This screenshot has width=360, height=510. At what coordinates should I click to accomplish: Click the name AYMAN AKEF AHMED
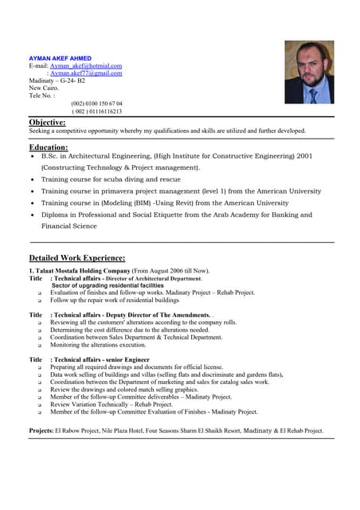coord(60,58)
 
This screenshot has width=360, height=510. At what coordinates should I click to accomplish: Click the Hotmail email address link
coord(92,65)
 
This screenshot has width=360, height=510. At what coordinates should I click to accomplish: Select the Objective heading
coord(47,122)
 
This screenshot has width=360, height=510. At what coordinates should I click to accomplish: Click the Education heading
coord(49,147)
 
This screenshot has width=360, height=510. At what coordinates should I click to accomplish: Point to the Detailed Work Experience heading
coord(77,258)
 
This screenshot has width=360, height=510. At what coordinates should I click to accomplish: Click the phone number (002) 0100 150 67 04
coord(96,104)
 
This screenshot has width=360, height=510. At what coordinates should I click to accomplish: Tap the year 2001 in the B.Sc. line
coord(304,156)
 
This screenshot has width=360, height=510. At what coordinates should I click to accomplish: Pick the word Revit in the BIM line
coord(194,203)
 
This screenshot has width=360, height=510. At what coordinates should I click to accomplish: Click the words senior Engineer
coord(127,360)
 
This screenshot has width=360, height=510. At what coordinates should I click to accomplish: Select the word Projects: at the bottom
coord(41,431)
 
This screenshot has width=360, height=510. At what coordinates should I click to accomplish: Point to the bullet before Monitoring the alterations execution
coord(39,345)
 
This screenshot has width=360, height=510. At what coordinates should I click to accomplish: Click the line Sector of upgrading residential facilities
coord(108,285)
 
